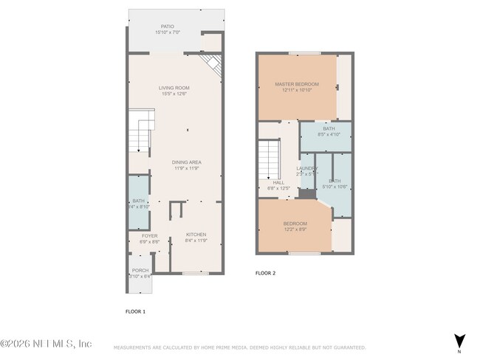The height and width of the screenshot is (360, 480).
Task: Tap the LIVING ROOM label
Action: [x=174, y=88]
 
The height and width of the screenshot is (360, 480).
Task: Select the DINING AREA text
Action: [x=188, y=162]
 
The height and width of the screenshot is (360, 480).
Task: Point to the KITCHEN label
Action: [x=186, y=235]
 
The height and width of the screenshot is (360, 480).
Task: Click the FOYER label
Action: [x=149, y=236]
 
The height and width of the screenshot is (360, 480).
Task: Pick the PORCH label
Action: [x=140, y=271]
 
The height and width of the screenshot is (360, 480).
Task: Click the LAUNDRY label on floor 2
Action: [x=306, y=168]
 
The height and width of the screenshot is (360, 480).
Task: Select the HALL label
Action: [x=278, y=182]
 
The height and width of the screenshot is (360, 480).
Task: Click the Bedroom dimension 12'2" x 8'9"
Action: [x=295, y=229]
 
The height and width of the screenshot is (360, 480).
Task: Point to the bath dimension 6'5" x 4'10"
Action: [x=329, y=135]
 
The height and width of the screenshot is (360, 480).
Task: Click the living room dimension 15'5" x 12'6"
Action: [x=174, y=94]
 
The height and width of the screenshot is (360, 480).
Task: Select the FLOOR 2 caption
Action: [x=265, y=273]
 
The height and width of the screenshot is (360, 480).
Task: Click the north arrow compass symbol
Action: [x=459, y=341]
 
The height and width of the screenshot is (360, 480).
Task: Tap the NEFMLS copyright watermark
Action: [x=46, y=344]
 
